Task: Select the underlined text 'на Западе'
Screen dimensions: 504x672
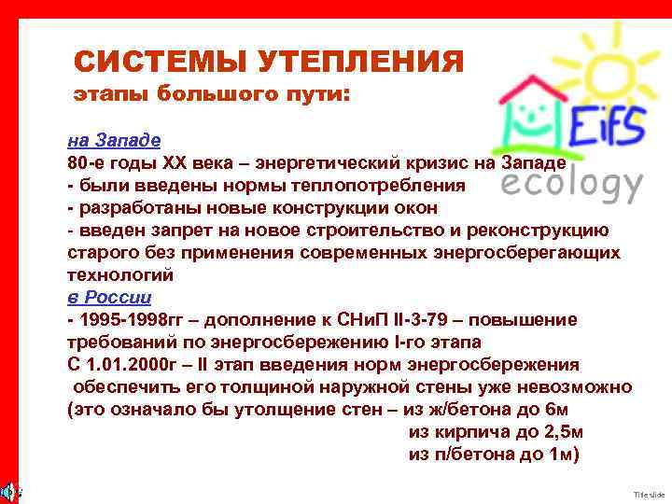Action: (114, 140)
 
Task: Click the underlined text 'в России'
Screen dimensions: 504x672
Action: (109, 298)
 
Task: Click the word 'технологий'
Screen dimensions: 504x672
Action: (120, 275)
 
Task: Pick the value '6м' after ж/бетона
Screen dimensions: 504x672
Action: (567, 410)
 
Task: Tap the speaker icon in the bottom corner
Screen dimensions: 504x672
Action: (7, 490)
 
